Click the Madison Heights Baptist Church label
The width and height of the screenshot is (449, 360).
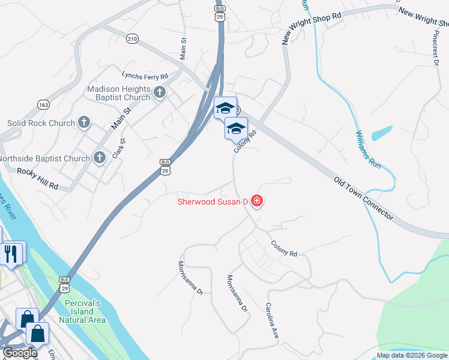[x=118, y=93]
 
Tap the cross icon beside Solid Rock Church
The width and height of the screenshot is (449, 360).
[x=85, y=123]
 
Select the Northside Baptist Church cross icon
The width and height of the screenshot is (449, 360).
[x=100, y=158]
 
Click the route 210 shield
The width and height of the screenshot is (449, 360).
[x=132, y=39]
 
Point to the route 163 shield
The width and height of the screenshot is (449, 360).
[x=43, y=105]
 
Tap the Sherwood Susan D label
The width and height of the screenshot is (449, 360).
[x=212, y=201]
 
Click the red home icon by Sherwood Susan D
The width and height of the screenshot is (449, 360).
[x=257, y=201]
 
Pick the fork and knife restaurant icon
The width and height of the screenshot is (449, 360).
[x=11, y=253]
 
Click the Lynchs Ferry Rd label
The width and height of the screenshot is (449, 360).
[x=145, y=76]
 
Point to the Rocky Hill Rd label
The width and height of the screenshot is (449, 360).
[x=37, y=179]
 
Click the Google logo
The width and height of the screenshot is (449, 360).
[x=20, y=353]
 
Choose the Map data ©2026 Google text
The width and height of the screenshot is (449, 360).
[x=412, y=355]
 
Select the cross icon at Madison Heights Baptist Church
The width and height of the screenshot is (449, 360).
[x=160, y=92]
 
